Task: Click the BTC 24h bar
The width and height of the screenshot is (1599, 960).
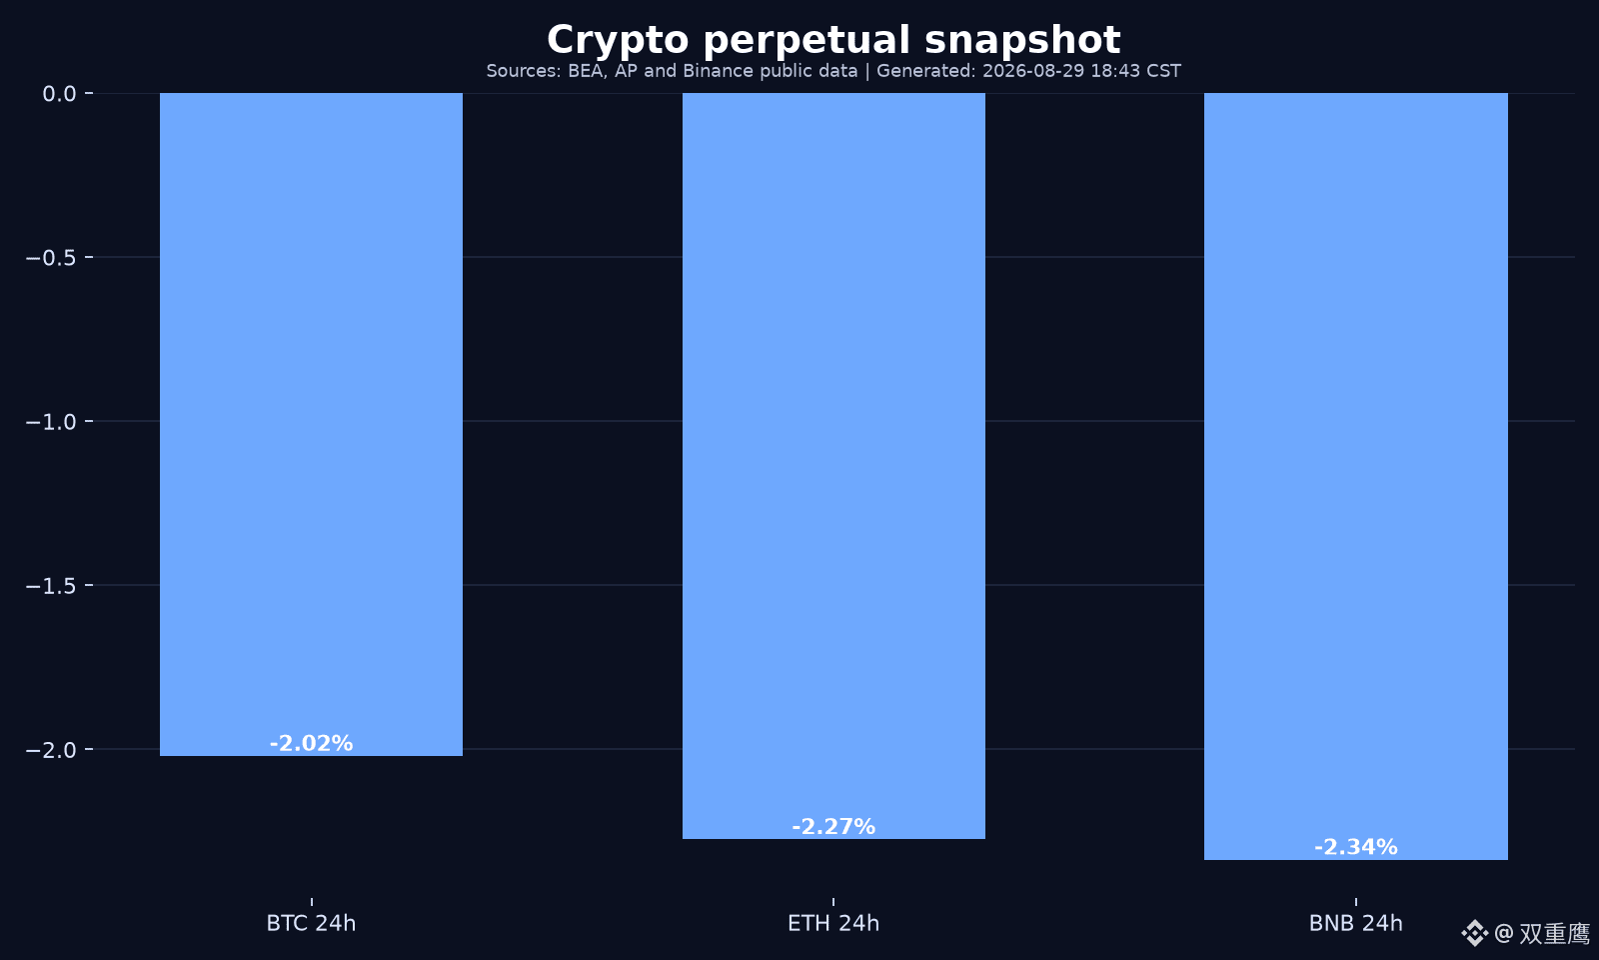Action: [x=311, y=424]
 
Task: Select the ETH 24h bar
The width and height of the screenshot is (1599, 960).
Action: [x=833, y=466]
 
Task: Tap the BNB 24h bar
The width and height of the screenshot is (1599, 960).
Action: [x=1355, y=476]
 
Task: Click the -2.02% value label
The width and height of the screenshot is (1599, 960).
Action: [x=311, y=744]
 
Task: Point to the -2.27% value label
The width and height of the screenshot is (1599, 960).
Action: [x=833, y=826]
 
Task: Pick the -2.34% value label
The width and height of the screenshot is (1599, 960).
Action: [x=1355, y=847]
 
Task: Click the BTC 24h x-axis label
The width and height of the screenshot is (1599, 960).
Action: [x=311, y=924]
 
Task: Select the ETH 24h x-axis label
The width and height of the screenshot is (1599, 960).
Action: [x=833, y=924]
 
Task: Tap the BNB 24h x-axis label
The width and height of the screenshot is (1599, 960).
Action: [x=1355, y=924]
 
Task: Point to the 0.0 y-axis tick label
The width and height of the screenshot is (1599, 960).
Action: [x=59, y=94]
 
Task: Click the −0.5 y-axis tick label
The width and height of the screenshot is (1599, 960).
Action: [x=51, y=258]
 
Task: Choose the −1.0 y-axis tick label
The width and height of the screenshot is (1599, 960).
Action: [x=51, y=421]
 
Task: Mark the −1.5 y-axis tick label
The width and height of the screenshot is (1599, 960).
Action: [x=51, y=586]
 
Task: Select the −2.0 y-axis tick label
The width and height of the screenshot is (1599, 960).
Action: [x=51, y=750]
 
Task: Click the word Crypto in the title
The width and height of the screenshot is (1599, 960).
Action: [x=619, y=41]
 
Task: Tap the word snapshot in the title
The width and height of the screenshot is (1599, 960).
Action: [x=1022, y=40]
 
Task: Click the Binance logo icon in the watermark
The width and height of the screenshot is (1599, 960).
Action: [x=1474, y=933]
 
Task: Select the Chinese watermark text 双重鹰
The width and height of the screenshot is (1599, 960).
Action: [x=1555, y=934]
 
